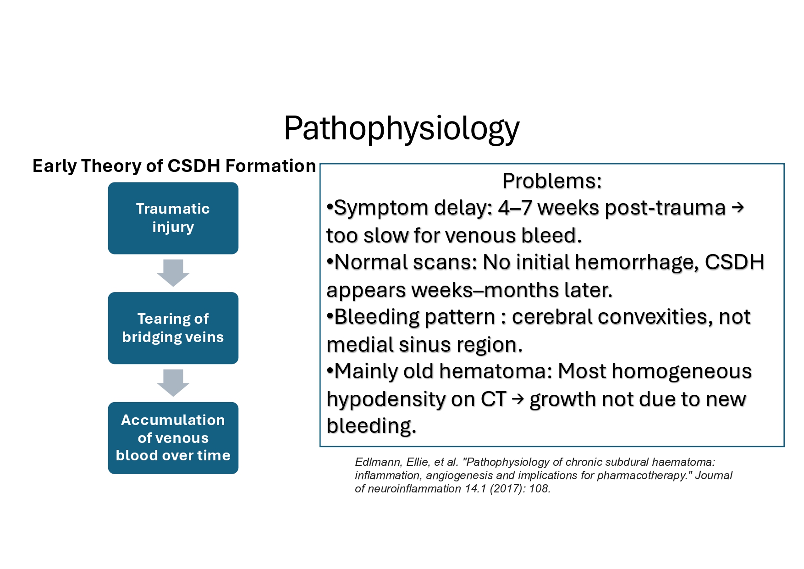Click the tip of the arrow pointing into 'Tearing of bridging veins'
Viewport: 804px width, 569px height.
[173, 287]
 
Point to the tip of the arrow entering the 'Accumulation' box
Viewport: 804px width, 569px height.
[173, 397]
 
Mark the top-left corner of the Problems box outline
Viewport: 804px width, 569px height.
[320, 164]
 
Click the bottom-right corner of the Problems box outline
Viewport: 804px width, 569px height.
[784, 446]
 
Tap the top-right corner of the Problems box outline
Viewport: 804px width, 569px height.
[784, 164]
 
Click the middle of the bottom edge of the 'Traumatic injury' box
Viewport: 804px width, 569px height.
[173, 254]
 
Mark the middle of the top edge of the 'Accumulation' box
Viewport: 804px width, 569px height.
[173, 403]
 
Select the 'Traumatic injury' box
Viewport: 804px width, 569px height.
[173, 218]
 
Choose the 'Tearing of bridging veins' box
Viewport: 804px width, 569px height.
[173, 328]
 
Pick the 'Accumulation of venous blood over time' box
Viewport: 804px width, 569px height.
[173, 438]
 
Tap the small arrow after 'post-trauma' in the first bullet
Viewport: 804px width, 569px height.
[738, 208]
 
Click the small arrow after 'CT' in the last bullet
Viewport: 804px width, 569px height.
[518, 399]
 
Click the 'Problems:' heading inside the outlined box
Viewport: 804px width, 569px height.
[552, 181]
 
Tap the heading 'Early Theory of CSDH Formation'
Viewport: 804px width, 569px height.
[174, 166]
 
